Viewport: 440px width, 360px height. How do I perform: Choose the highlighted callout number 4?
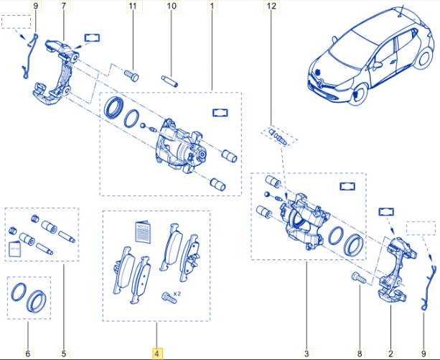pyautogui.click(x=157, y=354)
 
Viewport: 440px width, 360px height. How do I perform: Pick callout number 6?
pyautogui.click(x=27, y=354)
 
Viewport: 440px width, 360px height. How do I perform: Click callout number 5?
pyautogui.click(x=63, y=354)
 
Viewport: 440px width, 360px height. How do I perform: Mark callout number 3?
pyautogui.click(x=306, y=354)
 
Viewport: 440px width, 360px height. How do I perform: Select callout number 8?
pyautogui.click(x=360, y=354)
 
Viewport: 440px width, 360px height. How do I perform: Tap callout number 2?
pyautogui.click(x=390, y=354)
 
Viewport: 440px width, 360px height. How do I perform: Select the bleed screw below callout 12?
pyautogui.click(x=277, y=136)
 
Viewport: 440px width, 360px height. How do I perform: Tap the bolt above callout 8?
pyautogui.click(x=359, y=278)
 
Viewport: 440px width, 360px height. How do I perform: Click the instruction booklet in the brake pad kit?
pyautogui.click(x=143, y=234)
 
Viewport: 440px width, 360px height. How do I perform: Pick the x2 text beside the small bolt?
pyautogui.click(x=177, y=293)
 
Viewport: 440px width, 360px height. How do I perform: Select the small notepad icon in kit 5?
pyautogui.click(x=15, y=249)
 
